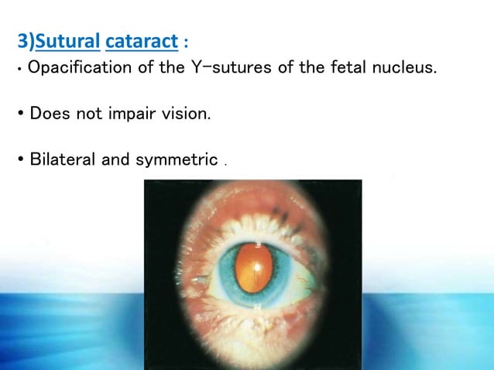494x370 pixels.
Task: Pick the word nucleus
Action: (400, 68)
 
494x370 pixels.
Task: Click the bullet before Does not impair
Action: (20, 115)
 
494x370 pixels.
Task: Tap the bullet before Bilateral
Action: (20, 161)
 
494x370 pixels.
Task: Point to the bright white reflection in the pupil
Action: (256, 267)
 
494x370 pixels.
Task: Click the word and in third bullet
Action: (116, 160)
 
